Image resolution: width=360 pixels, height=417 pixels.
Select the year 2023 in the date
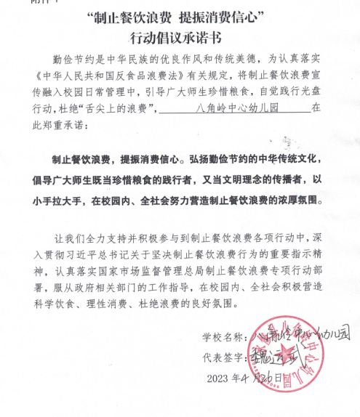pos(218,377)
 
